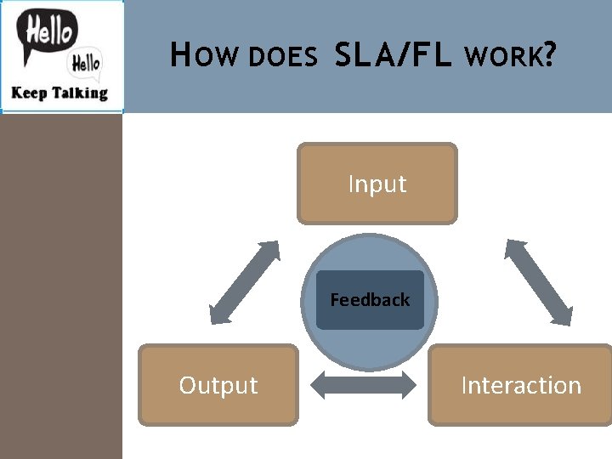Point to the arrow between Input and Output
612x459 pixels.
tap(244, 282)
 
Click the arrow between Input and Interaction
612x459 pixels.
tap(538, 282)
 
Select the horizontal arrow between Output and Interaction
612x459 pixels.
tap(364, 386)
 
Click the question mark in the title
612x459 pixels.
tap(550, 56)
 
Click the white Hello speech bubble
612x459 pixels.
tap(85, 62)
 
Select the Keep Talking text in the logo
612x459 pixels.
tap(59, 93)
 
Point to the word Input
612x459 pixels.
tap(377, 184)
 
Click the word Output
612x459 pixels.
tap(218, 385)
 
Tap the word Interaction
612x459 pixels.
tap(520, 385)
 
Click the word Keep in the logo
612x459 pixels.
tap(27, 93)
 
